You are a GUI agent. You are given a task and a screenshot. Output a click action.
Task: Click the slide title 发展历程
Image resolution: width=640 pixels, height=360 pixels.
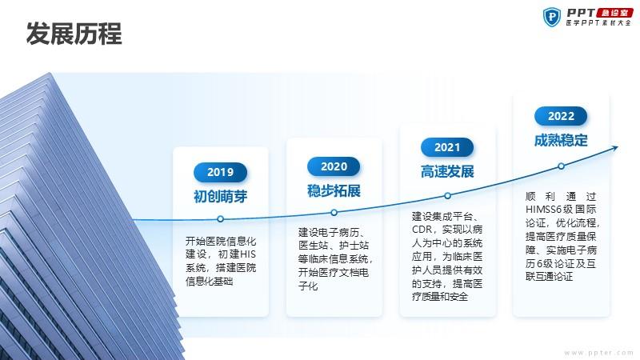[x=74, y=34]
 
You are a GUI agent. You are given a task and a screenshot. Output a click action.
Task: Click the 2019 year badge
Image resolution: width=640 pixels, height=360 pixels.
[x=221, y=172]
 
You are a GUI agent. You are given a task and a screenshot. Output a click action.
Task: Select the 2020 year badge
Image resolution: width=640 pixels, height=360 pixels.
[x=334, y=166]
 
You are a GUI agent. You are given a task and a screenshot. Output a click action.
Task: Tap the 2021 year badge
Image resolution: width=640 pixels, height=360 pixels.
[x=447, y=147]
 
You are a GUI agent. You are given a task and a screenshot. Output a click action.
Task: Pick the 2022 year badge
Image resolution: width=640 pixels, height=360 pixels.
[x=561, y=116]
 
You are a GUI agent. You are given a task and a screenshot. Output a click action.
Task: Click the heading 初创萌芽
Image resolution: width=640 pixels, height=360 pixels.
[x=221, y=196]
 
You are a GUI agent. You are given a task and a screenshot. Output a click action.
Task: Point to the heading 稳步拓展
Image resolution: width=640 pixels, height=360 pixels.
[x=334, y=190]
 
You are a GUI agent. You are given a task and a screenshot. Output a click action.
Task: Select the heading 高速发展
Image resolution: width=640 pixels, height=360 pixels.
[x=447, y=171]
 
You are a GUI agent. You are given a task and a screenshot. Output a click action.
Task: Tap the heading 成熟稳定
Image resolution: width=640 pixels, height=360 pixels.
[x=561, y=141]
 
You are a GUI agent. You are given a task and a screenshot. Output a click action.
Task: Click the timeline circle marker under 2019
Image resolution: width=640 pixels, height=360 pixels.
[x=221, y=219]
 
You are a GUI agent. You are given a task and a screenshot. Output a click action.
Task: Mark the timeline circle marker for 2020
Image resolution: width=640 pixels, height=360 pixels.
[x=334, y=213]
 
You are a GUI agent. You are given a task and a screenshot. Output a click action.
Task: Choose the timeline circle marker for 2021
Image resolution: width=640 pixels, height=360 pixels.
[x=447, y=196]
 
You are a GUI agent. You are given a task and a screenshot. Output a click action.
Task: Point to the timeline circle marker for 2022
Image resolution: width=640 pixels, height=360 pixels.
[x=562, y=166]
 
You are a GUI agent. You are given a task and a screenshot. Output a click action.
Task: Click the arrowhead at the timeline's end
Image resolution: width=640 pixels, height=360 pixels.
[x=615, y=148]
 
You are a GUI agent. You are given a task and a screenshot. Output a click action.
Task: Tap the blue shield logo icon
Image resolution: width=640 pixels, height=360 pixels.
[x=552, y=17]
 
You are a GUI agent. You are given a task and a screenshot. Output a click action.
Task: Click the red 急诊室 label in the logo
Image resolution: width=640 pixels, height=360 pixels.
[x=614, y=13]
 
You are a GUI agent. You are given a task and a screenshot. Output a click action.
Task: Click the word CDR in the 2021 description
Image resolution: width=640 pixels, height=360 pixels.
[x=422, y=230]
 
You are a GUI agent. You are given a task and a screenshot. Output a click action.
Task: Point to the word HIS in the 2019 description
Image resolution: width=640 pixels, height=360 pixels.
[x=248, y=254]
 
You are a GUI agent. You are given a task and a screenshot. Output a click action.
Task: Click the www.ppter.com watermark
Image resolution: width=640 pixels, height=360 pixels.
[x=598, y=353]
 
